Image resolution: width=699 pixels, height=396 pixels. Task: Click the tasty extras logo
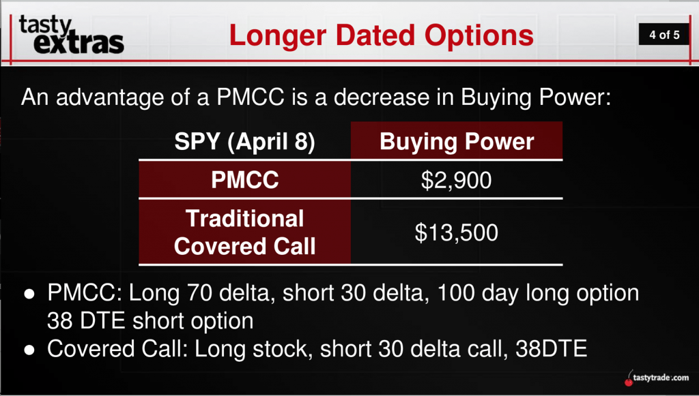tap(71, 35)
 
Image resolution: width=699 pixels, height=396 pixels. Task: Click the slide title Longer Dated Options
tap(381, 35)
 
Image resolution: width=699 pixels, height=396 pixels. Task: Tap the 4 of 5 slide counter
tap(664, 35)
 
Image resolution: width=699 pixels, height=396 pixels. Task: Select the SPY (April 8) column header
tap(245, 142)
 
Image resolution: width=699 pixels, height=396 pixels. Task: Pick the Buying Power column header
tap(457, 142)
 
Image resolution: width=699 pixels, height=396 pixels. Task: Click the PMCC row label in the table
tap(245, 180)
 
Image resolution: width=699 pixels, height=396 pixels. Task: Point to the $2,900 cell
tap(456, 180)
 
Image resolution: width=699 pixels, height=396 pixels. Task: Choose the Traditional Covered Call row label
tap(245, 232)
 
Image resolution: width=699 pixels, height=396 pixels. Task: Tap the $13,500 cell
tap(456, 232)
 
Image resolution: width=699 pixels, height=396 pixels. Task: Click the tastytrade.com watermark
tap(661, 378)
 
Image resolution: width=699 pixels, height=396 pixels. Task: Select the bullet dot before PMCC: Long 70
tap(29, 294)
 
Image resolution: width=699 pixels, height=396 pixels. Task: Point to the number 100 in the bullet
tap(455, 293)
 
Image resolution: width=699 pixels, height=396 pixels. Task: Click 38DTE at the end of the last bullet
tap(551, 349)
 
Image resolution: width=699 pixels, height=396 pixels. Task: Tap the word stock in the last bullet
tap(281, 349)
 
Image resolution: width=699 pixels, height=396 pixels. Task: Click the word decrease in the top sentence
tap(382, 97)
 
